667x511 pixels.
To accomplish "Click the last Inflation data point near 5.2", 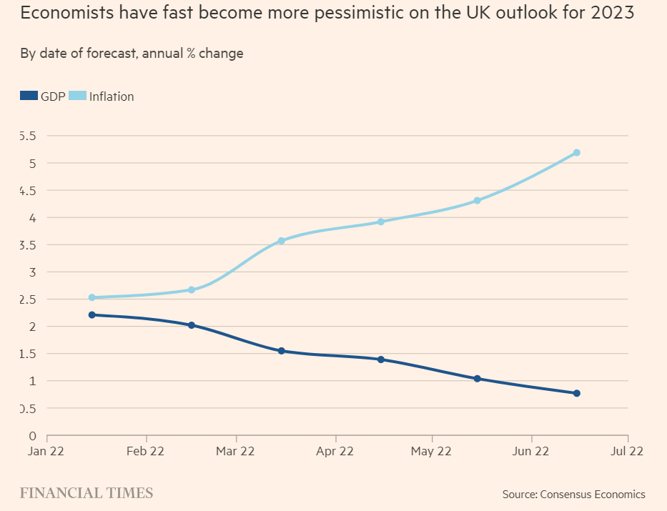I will (x=576, y=152).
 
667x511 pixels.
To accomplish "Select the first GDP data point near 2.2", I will (x=92, y=314).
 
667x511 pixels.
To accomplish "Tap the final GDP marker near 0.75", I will (x=576, y=393).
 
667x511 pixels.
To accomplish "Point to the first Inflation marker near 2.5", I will (x=92, y=297).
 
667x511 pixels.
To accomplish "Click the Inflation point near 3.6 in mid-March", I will (x=281, y=241).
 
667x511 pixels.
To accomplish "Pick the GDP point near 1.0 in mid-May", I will (x=477, y=379).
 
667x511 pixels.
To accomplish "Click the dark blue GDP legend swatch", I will (x=29, y=96).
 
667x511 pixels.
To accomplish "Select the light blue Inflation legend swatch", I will (x=78, y=96).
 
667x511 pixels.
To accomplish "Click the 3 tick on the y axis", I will (x=32, y=272).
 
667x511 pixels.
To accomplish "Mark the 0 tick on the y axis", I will (x=32, y=435).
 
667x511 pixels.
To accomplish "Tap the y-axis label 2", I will (x=32, y=327).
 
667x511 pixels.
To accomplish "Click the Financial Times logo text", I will (x=86, y=492).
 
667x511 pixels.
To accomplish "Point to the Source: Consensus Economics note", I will (x=573, y=494).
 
